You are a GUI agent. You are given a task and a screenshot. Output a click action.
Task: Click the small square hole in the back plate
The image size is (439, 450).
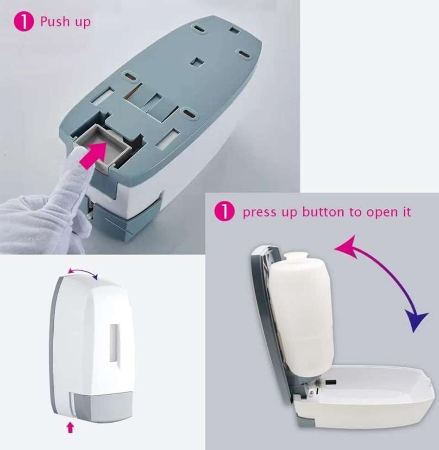(x=198, y=61)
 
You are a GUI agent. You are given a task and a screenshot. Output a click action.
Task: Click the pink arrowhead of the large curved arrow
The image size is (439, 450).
(x=343, y=245)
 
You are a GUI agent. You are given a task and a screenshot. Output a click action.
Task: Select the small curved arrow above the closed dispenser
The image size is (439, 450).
(x=83, y=273)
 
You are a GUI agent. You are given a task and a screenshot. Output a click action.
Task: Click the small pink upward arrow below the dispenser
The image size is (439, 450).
(x=70, y=427)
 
